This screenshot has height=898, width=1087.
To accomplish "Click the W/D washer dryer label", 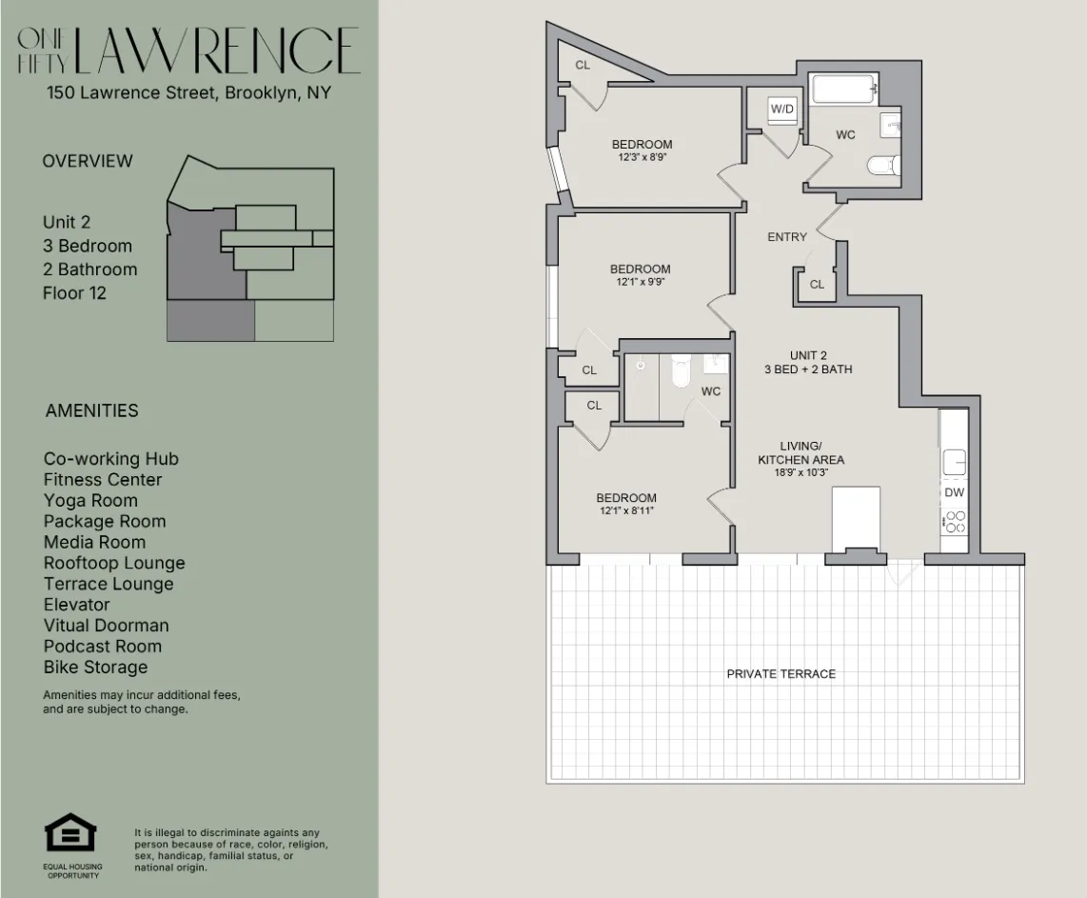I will pos(781,110).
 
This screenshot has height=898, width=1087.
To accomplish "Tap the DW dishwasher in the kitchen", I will pos(954,492).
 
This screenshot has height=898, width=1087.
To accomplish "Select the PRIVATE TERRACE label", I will pos(781,673).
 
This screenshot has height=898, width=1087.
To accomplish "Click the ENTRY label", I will pos(787,237).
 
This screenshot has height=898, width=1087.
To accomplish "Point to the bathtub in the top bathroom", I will pos(843,91).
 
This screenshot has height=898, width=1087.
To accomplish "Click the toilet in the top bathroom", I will pos(883,166).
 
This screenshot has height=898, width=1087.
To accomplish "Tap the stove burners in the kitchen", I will pos(954,522).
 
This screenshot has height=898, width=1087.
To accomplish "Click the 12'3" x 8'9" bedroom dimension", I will pos(642,158).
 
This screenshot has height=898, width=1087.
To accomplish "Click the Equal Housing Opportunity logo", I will pos(72,834).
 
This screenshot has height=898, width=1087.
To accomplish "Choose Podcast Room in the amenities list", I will pos(103,647).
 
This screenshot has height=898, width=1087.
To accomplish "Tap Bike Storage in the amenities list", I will pos(95,668).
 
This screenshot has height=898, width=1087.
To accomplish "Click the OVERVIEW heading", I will pos(88,161).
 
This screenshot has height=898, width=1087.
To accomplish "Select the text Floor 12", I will pos(74,293).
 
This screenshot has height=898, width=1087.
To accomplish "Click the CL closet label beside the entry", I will pos(817,284).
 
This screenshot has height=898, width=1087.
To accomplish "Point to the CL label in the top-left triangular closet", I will pos(583,65).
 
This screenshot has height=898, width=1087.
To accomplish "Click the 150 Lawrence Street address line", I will pos(188,93).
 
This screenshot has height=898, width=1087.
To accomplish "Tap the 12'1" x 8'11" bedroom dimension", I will pos(626,511).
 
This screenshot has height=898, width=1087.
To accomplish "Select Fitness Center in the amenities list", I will pos(103,480).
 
